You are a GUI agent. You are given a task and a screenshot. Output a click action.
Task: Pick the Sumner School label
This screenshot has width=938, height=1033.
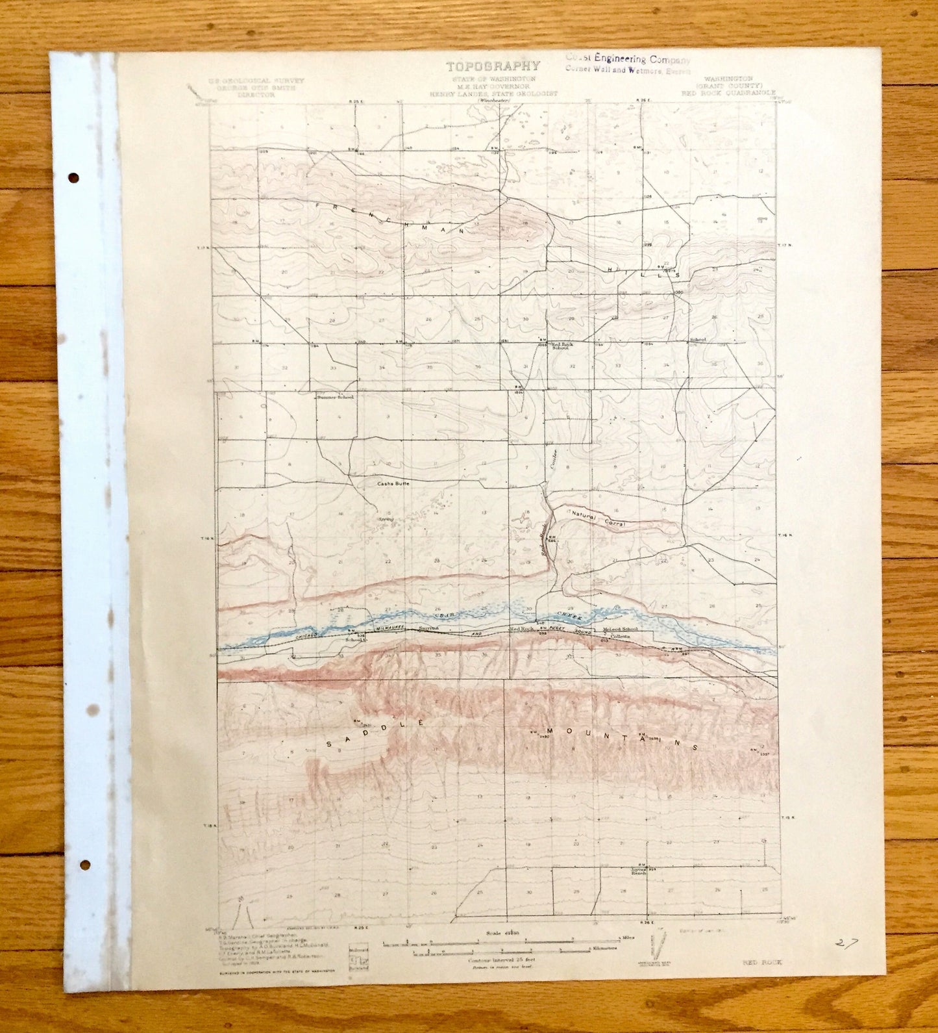tap(335, 397)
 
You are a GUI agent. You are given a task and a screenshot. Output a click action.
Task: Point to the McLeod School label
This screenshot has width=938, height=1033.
tap(620, 629)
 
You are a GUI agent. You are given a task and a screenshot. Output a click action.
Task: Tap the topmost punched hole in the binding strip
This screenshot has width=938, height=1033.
tap(73, 177)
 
